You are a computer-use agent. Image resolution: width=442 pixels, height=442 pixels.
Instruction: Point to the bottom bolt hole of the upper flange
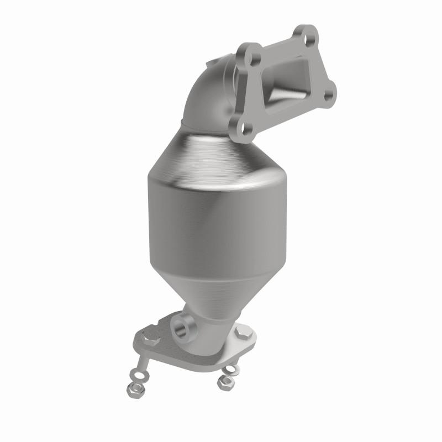[245, 129]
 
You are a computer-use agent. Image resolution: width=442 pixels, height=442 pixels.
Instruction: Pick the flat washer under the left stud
[140, 376]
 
